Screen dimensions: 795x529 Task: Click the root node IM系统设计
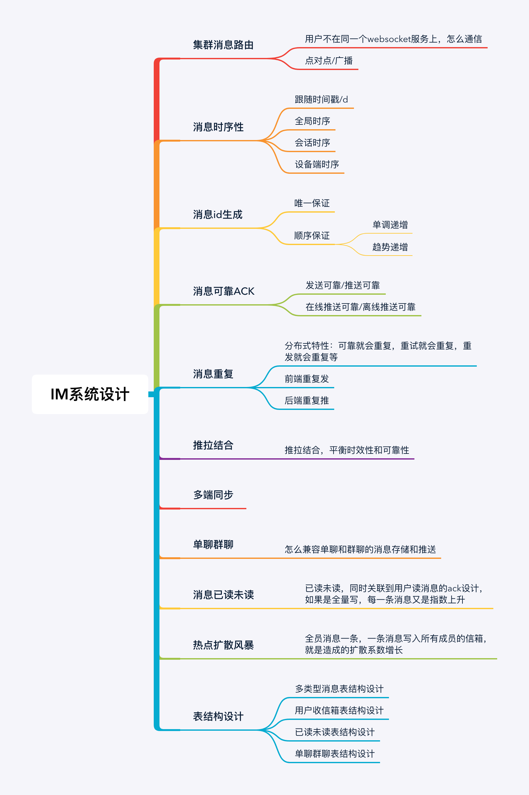click(x=90, y=394)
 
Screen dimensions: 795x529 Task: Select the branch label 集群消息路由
click(x=223, y=45)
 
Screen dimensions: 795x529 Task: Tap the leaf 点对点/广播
click(x=328, y=61)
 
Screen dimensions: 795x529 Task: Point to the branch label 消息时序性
click(x=218, y=127)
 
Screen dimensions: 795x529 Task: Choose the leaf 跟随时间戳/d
click(x=321, y=100)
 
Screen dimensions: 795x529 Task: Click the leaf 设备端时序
click(x=316, y=164)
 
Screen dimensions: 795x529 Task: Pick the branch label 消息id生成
click(x=218, y=215)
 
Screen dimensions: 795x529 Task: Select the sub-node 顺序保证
click(x=312, y=236)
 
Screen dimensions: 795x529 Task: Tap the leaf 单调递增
click(x=390, y=225)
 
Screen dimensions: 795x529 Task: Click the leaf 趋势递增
click(x=390, y=247)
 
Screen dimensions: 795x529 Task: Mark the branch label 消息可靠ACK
click(x=223, y=291)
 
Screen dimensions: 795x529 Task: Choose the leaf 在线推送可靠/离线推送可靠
click(x=360, y=307)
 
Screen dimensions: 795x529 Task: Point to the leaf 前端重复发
click(x=306, y=379)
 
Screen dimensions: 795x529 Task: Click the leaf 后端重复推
click(x=306, y=400)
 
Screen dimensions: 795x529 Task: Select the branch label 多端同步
click(x=213, y=495)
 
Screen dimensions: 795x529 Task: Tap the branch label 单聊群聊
click(x=213, y=545)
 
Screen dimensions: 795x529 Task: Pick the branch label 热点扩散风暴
click(x=223, y=645)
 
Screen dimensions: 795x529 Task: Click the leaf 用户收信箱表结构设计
click(x=339, y=710)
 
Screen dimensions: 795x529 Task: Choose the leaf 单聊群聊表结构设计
click(x=334, y=754)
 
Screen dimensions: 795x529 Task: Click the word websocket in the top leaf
click(x=389, y=39)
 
